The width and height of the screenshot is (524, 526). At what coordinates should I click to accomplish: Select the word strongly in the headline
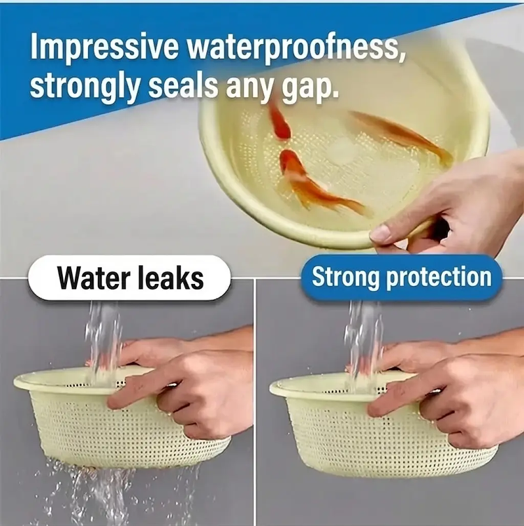coord(85,85)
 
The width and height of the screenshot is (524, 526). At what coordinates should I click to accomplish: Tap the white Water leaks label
coord(129,278)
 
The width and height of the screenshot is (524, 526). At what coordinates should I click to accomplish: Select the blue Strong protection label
coord(402,277)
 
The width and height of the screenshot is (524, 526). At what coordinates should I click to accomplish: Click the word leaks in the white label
coord(171,278)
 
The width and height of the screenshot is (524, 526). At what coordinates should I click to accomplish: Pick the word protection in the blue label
coord(439,278)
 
